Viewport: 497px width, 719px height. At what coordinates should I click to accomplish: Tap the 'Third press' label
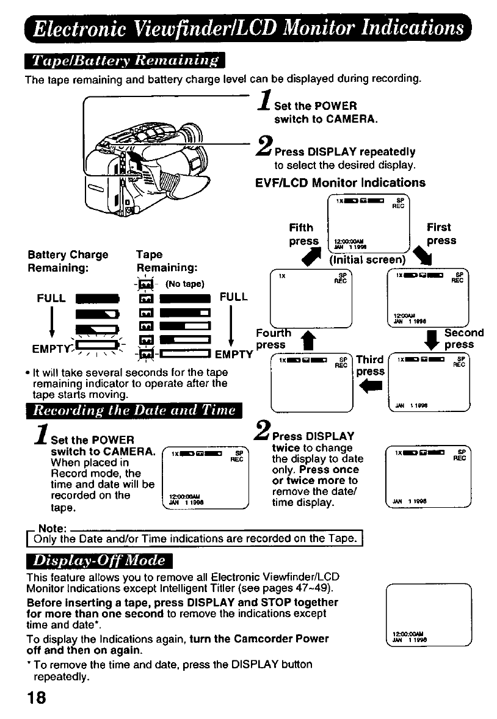370,365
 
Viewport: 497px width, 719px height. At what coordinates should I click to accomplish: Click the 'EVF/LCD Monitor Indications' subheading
340,182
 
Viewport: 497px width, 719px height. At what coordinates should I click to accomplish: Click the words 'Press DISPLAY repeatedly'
345,151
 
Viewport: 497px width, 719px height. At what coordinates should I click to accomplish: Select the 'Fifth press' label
303,234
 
